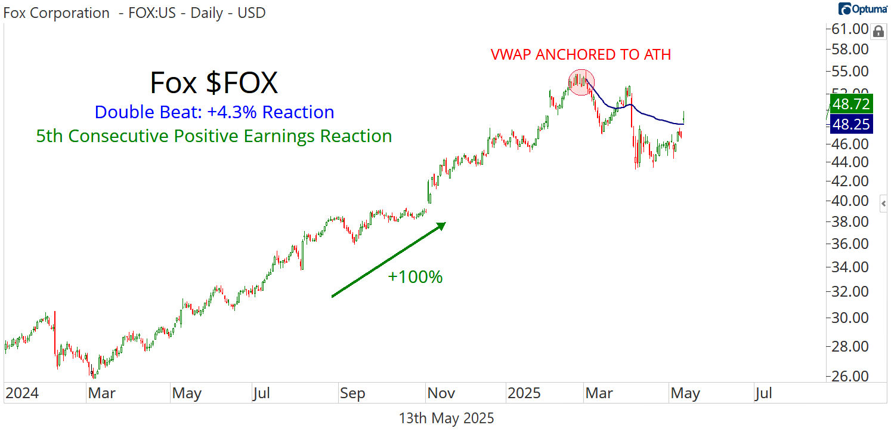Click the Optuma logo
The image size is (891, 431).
point(863,9)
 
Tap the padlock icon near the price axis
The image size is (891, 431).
point(877,31)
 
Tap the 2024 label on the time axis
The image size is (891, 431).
point(21,393)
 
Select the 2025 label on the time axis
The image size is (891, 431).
point(524,393)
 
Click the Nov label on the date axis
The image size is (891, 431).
point(441,393)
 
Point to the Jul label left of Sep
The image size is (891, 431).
point(261,393)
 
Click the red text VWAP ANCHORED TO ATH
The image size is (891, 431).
point(581,55)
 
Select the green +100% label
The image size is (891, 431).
point(415,277)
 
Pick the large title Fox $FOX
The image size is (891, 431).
point(214,83)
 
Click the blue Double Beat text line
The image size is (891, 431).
point(214,112)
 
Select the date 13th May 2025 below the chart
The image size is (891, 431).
point(446,418)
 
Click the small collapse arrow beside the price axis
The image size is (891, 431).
point(884,204)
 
